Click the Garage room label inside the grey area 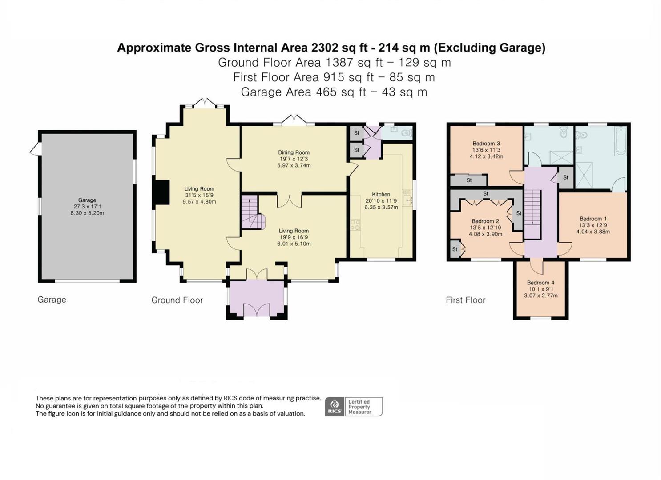pos(87,200)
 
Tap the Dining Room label pos(294,152)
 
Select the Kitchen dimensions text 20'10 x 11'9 pos(381,201)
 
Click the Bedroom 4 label pos(540,283)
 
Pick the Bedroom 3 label pos(486,144)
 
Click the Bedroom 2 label pos(485,221)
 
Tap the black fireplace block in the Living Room pos(161,192)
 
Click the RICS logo pos(335,407)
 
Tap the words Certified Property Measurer pos(359,407)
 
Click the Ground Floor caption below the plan pos(177,300)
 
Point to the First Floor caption pos(465,300)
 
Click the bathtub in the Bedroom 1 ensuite pos(620,141)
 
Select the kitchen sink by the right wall pos(407,200)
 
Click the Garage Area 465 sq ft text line pos(334,92)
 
